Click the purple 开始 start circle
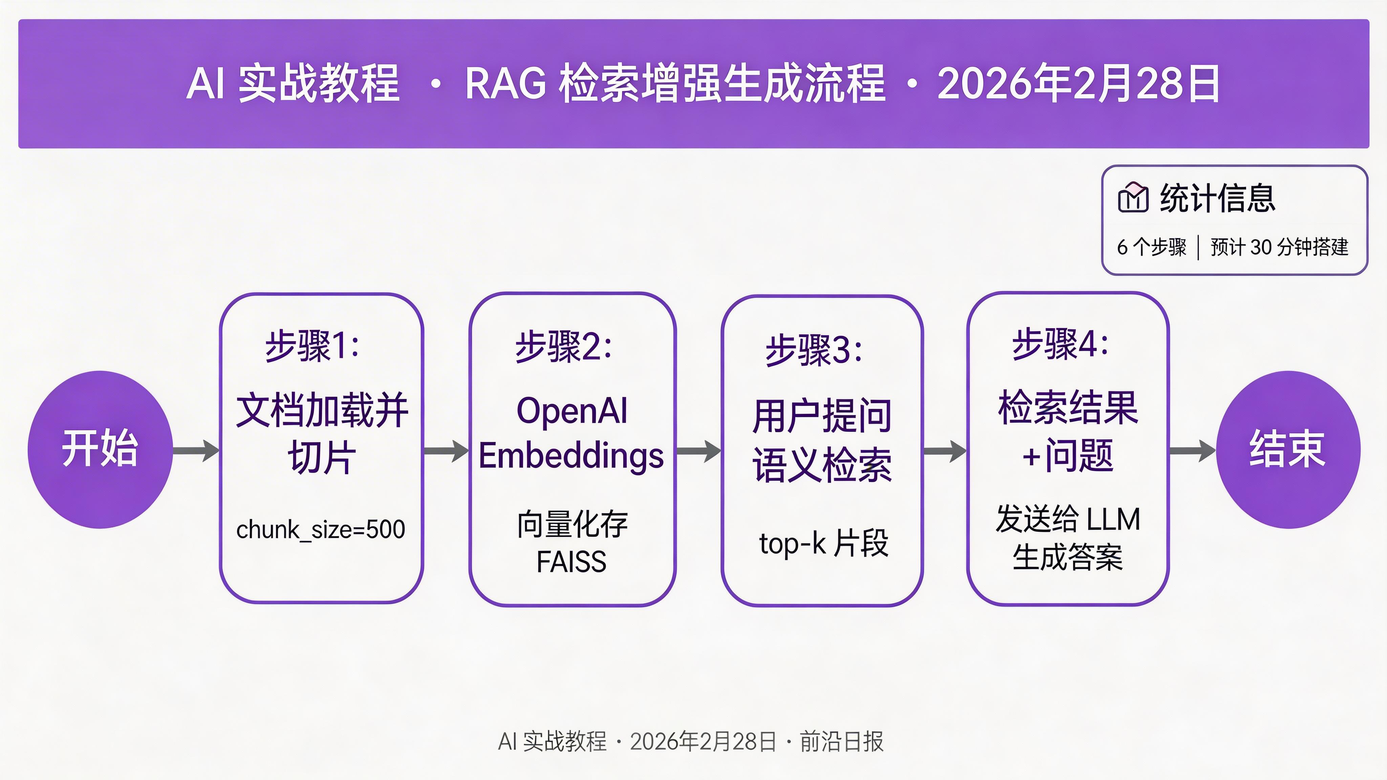pos(100,450)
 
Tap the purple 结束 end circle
pos(1288,450)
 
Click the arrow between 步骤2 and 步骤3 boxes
pos(698,451)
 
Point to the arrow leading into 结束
pos(1192,451)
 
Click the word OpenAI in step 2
pos(572,411)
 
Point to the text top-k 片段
pos(823,543)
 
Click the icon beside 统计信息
pos(1133,198)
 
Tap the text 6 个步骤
pos(1152,247)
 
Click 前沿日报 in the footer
pos(841,742)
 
